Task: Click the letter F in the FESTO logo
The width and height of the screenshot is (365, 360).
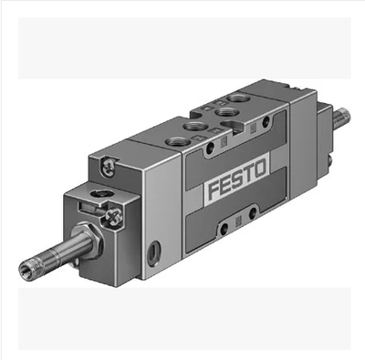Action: [x=214, y=190]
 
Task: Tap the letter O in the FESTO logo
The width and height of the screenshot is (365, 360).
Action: [x=259, y=169]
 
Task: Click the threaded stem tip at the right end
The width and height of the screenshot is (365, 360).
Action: [x=343, y=117]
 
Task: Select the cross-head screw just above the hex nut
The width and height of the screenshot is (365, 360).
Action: [x=114, y=217]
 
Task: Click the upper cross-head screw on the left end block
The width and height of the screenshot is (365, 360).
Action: [x=109, y=167]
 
